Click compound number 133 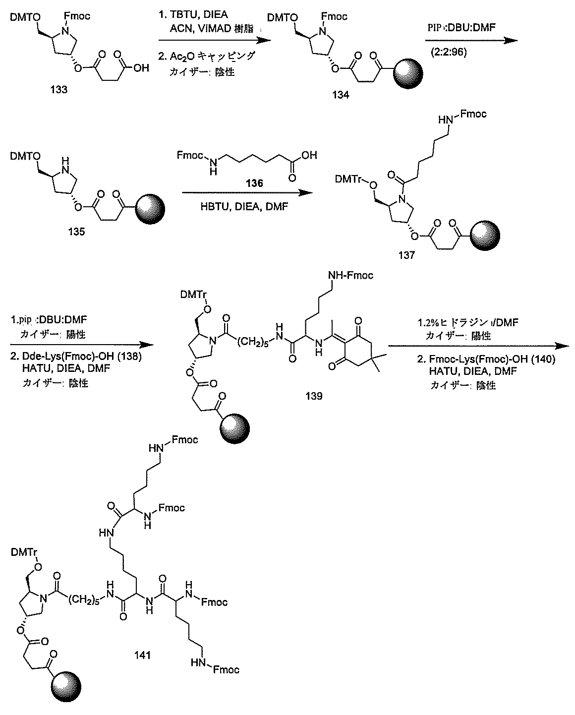coord(59,89)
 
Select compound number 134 coord(341,95)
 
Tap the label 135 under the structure coord(76,232)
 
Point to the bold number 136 coord(254,183)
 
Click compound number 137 coord(406,255)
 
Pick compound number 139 coord(314,396)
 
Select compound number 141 coord(142,655)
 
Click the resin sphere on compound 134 coord(408,74)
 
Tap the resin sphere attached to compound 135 coord(151,209)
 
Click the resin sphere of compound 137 coord(485,235)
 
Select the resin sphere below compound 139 coord(234,428)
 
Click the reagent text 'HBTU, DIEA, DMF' coord(244,207)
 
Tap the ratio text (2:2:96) coord(449,52)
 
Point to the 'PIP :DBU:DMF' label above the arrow coord(461,27)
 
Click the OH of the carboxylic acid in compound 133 coord(141,68)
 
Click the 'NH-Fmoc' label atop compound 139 coord(350,275)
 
